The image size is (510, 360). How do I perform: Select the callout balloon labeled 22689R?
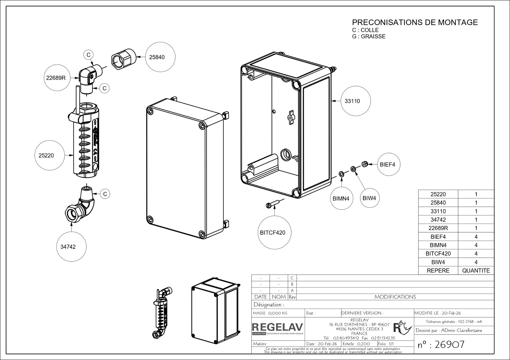56,78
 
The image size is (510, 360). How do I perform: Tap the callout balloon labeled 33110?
352,101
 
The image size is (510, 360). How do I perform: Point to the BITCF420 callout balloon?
273,233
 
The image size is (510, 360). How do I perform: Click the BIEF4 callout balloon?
387,164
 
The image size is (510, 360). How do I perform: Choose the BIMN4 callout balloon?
341,199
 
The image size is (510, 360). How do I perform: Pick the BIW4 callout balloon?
369,198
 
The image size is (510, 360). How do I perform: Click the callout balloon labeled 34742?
68,247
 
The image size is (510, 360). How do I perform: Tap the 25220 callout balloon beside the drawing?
46,155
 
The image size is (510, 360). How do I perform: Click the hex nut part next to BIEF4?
364,164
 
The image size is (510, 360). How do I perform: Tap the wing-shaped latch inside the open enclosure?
291,118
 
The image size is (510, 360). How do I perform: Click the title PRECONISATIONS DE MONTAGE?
415,22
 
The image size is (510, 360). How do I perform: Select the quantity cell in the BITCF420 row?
476,254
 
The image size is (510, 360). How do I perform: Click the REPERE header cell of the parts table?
438,270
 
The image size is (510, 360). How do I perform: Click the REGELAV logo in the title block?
278,328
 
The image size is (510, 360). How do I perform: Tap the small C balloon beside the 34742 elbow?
105,194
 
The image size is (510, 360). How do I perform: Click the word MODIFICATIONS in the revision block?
395,297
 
